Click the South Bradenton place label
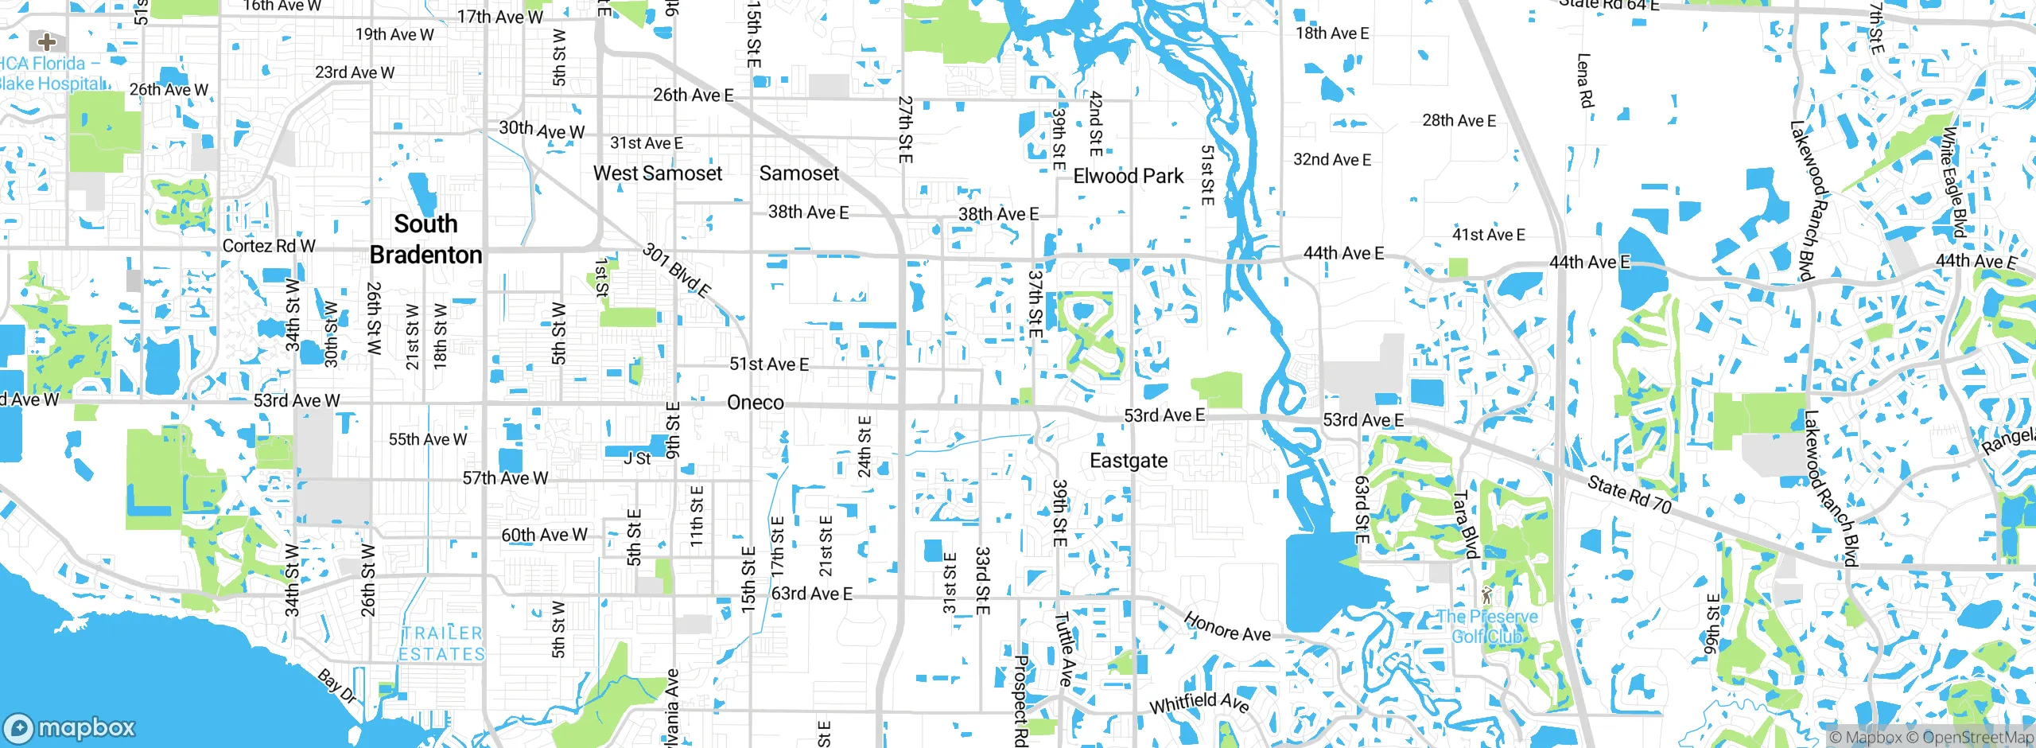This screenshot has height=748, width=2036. coord(425,239)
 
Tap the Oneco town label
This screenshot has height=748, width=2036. coord(755,403)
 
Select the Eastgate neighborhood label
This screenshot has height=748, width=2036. coord(1128,461)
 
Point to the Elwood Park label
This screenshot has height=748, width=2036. coord(1128,176)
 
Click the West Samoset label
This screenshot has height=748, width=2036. coord(657,173)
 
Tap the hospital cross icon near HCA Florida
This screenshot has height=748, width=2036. coord(47,41)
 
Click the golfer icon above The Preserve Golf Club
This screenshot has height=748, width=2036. coord(1486,594)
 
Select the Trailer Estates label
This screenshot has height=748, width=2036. coord(442,644)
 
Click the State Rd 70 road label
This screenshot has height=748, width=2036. coord(1630,494)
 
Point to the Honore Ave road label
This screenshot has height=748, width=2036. coord(1226,627)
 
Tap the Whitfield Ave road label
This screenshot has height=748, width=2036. coord(1199,703)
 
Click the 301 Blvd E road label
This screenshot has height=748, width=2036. coord(676,271)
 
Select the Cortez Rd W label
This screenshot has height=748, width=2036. coord(269,246)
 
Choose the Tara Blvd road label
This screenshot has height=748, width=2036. coord(1465,524)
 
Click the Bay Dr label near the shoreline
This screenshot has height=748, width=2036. coord(336,686)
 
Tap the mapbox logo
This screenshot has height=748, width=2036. coord(70,727)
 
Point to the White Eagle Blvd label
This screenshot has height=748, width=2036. coord(1952,183)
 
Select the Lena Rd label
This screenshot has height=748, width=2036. coord(1584,80)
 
